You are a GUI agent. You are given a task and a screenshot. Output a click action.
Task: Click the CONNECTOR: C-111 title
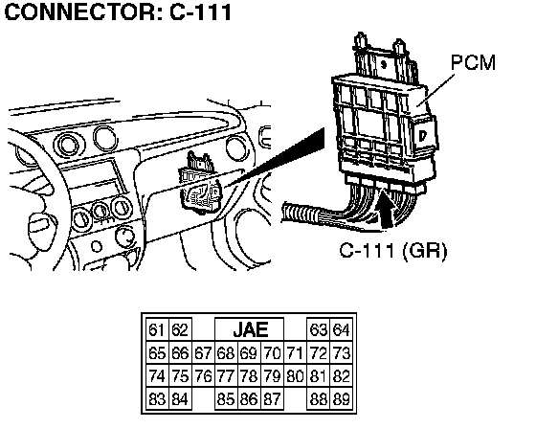click(119, 12)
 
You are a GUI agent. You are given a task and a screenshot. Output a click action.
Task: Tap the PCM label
click(473, 62)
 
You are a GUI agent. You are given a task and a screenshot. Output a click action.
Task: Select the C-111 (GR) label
click(393, 251)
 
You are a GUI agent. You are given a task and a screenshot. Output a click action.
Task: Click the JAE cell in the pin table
click(249, 329)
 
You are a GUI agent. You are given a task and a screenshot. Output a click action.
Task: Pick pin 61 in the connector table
click(157, 329)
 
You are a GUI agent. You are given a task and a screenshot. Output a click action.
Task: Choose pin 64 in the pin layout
click(341, 329)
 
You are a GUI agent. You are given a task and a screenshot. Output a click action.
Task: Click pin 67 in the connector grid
click(203, 353)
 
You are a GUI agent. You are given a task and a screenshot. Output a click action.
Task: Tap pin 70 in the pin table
click(272, 353)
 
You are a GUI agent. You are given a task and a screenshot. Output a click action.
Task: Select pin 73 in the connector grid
click(341, 353)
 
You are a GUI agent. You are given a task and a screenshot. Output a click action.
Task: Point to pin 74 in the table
click(157, 376)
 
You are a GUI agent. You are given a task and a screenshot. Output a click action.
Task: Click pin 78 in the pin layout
click(249, 376)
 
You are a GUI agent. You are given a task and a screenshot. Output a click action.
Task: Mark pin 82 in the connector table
click(341, 376)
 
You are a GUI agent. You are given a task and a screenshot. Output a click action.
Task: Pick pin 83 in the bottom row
click(157, 399)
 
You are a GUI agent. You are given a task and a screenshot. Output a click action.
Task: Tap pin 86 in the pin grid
click(249, 399)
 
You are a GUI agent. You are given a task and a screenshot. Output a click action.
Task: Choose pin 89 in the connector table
click(341, 399)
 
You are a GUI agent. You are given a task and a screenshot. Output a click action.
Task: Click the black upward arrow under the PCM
click(387, 209)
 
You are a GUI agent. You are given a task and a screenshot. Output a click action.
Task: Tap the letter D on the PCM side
click(423, 136)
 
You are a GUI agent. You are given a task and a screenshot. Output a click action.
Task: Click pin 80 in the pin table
click(295, 376)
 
